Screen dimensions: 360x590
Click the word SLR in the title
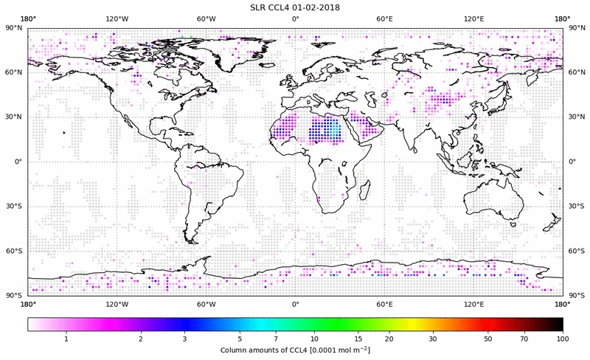[x=260, y=7]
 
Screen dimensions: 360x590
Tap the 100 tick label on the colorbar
[x=563, y=338]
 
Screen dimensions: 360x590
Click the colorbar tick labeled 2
[x=140, y=338]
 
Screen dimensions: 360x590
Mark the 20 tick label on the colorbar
[x=388, y=338]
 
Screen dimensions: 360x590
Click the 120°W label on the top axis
[x=117, y=18]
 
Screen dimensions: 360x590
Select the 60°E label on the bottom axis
[x=384, y=304]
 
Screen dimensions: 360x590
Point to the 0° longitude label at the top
[x=295, y=18]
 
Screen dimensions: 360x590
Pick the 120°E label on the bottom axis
[x=473, y=304]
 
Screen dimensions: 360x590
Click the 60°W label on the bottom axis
[x=206, y=304]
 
